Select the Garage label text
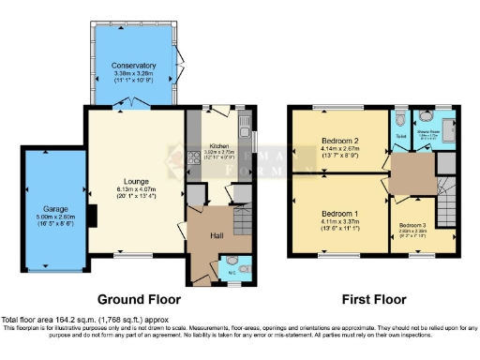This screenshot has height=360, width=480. (x=53, y=208)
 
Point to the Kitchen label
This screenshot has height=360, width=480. (x=219, y=147)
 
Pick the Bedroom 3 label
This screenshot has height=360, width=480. (x=412, y=226)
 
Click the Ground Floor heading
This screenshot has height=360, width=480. (x=140, y=300)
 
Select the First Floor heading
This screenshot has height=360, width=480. (x=374, y=300)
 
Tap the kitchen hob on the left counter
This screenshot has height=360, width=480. (x=193, y=150)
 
